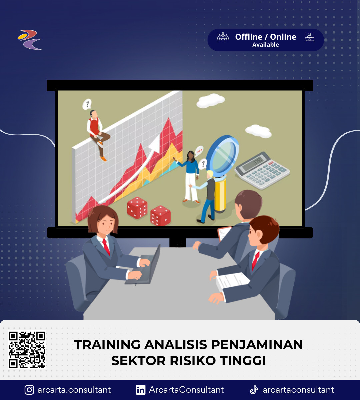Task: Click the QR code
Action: point(27,350)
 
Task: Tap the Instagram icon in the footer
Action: point(29,390)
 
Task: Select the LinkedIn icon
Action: point(141,390)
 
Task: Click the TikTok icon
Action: point(254,390)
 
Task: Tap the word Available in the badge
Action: point(265,45)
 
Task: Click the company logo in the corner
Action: point(30,40)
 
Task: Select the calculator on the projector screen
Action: point(262,170)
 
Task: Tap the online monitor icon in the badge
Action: point(310,37)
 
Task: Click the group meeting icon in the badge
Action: point(223,37)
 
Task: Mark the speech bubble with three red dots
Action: point(199,151)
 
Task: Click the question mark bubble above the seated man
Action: point(87,104)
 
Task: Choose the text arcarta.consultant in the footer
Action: point(74,390)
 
